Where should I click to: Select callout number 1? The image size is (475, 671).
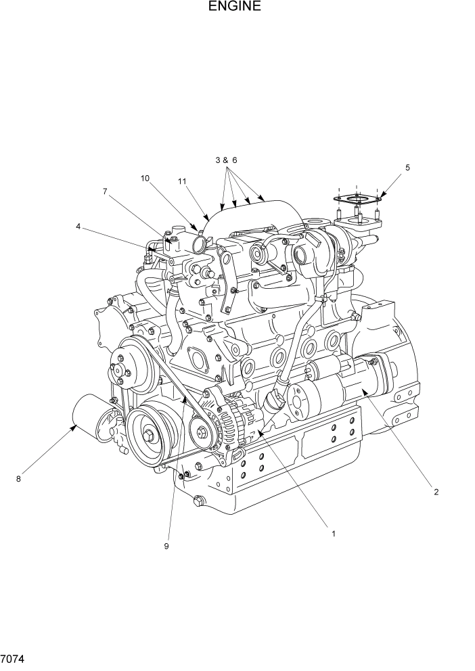334,533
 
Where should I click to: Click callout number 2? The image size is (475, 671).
436,492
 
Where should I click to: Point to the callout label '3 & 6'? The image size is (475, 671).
226,160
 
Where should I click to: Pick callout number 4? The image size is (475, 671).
78,227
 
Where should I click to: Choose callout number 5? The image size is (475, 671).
407,166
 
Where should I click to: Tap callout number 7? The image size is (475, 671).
105,191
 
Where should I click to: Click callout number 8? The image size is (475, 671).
19,480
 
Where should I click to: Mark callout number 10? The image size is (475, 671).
145,179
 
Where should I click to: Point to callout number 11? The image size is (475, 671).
182,181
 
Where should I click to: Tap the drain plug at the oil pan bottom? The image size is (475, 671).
198,501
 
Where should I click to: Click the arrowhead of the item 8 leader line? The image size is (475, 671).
76,425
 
